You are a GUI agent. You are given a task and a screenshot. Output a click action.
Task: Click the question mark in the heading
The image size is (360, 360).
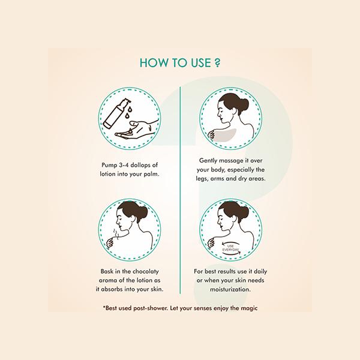[217, 62]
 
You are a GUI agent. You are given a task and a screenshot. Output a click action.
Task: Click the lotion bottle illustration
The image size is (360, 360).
[115, 113]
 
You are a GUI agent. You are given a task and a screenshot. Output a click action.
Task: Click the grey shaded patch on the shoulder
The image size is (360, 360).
[224, 135]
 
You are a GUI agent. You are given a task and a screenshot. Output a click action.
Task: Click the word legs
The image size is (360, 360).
[202, 179]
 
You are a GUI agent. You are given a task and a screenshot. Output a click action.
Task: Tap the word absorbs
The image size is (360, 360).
[111, 289]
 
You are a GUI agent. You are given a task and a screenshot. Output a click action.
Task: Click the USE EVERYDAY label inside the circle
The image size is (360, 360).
[231, 248]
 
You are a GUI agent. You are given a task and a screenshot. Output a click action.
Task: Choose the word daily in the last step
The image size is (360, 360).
[260, 271]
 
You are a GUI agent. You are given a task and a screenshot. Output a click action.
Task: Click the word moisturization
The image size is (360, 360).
[230, 289]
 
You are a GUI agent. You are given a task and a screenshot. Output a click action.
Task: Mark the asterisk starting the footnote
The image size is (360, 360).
[104, 307]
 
